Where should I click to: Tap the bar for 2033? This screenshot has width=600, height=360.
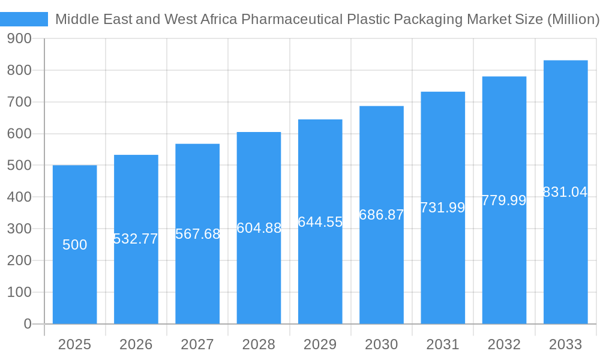(565, 258)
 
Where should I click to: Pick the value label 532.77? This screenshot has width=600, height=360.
(136, 239)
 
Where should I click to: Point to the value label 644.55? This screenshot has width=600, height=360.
(320, 222)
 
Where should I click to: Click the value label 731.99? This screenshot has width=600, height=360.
(443, 208)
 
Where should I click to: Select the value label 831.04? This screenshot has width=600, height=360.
(565, 192)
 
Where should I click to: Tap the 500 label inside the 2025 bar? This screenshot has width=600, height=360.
(75, 245)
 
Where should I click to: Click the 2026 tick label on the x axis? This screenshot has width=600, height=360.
(136, 344)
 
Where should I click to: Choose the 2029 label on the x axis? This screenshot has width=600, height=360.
(320, 344)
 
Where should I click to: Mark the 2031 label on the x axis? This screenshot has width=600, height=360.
(443, 344)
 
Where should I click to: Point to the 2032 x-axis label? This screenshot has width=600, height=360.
(504, 344)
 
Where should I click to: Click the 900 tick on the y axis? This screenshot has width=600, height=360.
(19, 38)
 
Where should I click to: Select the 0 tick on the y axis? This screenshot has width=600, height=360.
(28, 324)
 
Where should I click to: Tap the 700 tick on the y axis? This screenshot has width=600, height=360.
(19, 102)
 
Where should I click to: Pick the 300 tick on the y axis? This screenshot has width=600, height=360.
(19, 229)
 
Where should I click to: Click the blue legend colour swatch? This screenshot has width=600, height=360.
(24, 19)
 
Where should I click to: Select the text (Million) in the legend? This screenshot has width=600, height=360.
(574, 19)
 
